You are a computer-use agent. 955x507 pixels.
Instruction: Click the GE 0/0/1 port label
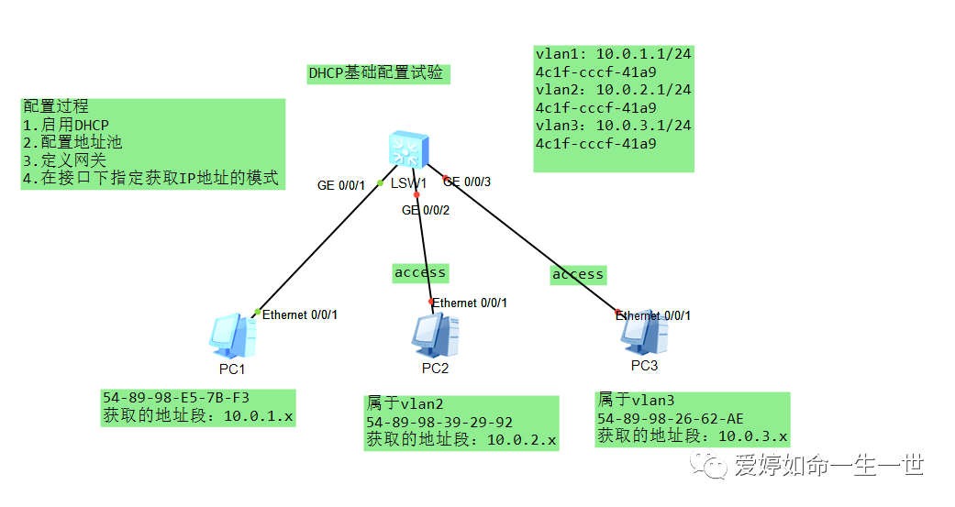click(x=341, y=185)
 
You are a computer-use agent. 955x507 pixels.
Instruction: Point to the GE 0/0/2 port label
click(x=426, y=210)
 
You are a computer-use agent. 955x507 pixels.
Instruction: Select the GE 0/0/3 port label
click(x=469, y=182)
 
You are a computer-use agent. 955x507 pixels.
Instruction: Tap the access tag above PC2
click(x=420, y=272)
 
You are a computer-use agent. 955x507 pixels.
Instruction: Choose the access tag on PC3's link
click(x=578, y=274)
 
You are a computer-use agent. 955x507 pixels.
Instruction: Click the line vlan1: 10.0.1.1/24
click(x=613, y=55)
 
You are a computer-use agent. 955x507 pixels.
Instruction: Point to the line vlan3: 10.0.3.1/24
click(x=613, y=126)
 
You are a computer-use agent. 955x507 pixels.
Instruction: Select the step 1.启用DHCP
click(x=66, y=125)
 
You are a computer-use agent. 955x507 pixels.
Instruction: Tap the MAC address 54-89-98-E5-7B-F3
click(x=176, y=398)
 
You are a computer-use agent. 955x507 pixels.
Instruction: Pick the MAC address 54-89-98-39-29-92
click(x=439, y=423)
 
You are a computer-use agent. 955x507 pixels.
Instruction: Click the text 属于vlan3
click(x=636, y=400)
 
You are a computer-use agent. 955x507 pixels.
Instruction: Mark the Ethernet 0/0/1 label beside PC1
click(x=300, y=314)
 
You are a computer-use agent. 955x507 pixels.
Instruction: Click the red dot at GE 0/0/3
click(x=445, y=178)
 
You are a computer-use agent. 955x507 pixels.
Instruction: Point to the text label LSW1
click(x=409, y=183)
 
